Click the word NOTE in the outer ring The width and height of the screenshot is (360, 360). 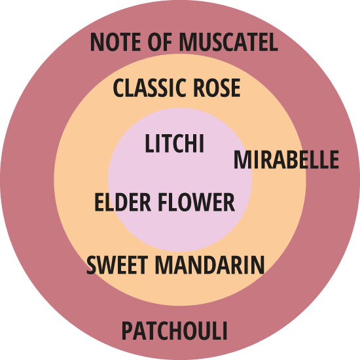[x=115, y=42]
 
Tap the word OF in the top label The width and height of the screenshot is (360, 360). [x=160, y=42]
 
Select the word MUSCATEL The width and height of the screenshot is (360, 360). [x=228, y=42]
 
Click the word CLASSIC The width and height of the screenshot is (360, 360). [x=149, y=88]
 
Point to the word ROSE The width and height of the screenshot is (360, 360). [x=217, y=88]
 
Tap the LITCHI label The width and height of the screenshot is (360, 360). [x=175, y=143]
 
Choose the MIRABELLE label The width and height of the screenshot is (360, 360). [x=286, y=160]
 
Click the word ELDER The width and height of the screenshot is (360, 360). [x=123, y=202]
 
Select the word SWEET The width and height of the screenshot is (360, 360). [x=117, y=265]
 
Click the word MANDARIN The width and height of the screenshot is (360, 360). [x=210, y=265]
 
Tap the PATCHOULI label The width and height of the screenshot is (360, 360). [x=175, y=331]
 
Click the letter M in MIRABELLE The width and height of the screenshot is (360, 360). [x=243, y=160]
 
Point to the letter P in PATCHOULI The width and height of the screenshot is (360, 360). [x=128, y=331]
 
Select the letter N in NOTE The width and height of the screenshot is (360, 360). [x=96, y=42]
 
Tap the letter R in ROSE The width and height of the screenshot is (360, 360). [x=199, y=88]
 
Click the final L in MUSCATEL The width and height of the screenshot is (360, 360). [x=274, y=42]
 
